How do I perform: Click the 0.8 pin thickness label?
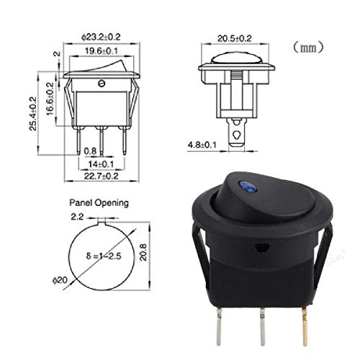(89, 150)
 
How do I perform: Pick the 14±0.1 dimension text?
(101, 164)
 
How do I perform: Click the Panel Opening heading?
(99, 203)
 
